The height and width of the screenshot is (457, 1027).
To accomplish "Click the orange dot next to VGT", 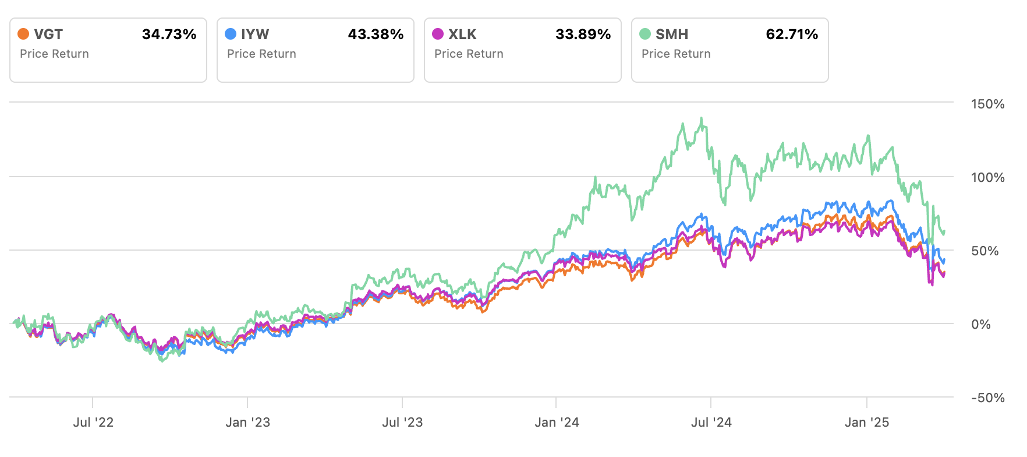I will pyautogui.click(x=23, y=34).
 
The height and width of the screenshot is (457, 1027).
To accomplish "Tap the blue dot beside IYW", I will pyautogui.click(x=231, y=34).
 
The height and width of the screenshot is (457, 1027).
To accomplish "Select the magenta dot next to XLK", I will pyautogui.click(x=438, y=34).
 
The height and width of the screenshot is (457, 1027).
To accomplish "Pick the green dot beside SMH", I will pyautogui.click(x=645, y=34).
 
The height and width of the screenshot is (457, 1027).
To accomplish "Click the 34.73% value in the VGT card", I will pyautogui.click(x=169, y=34).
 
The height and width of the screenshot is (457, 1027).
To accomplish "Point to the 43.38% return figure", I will pyautogui.click(x=376, y=34).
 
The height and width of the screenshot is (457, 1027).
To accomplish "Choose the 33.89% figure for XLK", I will pyautogui.click(x=583, y=34).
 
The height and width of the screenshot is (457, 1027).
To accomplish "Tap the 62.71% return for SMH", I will pyautogui.click(x=792, y=34).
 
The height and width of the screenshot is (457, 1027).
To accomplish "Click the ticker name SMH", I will pyautogui.click(x=672, y=34).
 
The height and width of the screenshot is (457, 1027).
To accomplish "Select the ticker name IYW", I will pyautogui.click(x=255, y=34).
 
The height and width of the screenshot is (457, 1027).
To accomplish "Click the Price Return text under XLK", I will pyautogui.click(x=469, y=54).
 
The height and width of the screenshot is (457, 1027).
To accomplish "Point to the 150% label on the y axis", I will pyautogui.click(x=987, y=104).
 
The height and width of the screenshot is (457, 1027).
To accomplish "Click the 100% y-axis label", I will pyautogui.click(x=987, y=178).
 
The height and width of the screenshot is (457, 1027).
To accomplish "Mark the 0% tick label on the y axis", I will pyautogui.click(x=980, y=325).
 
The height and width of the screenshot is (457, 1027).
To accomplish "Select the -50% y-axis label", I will pyautogui.click(x=987, y=398).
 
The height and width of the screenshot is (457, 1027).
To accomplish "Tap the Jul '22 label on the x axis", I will pyautogui.click(x=93, y=423).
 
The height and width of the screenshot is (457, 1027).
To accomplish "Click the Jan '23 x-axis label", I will pyautogui.click(x=247, y=423).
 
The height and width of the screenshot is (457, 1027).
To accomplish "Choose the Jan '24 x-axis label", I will pyautogui.click(x=557, y=423).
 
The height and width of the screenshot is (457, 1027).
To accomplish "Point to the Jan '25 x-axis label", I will pyautogui.click(x=867, y=423).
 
